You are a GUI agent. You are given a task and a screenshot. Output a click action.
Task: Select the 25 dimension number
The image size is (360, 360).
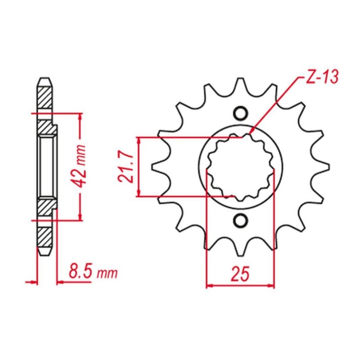(x=240, y=274)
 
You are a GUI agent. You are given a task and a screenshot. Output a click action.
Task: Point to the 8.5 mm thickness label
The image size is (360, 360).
(x=93, y=272)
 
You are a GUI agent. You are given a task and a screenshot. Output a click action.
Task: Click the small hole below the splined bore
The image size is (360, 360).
(x=241, y=220)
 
